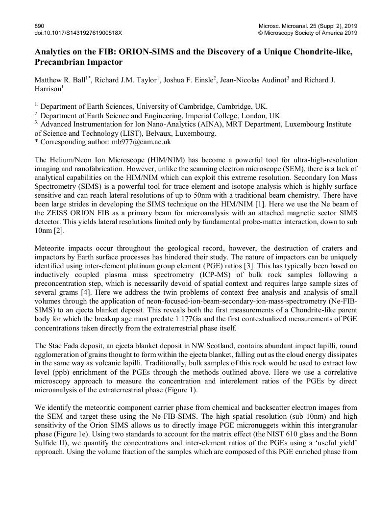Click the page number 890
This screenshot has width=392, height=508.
(39, 25)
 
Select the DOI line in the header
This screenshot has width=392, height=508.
(78, 33)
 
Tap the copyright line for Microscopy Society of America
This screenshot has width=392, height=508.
(308, 33)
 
